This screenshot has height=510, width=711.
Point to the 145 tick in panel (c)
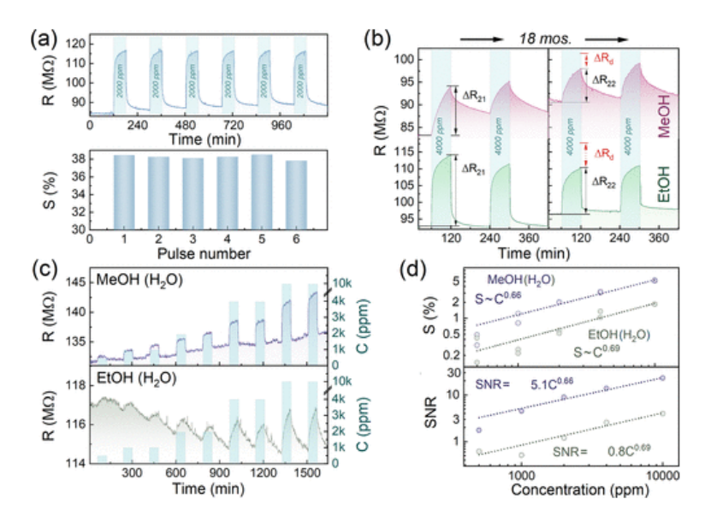(69, 282)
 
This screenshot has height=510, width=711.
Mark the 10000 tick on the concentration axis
(661, 474)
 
